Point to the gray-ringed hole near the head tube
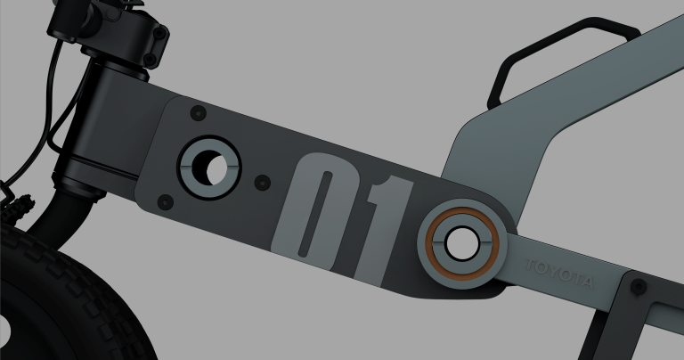[208, 167]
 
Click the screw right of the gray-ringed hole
[261, 181]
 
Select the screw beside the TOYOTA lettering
[638, 287]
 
